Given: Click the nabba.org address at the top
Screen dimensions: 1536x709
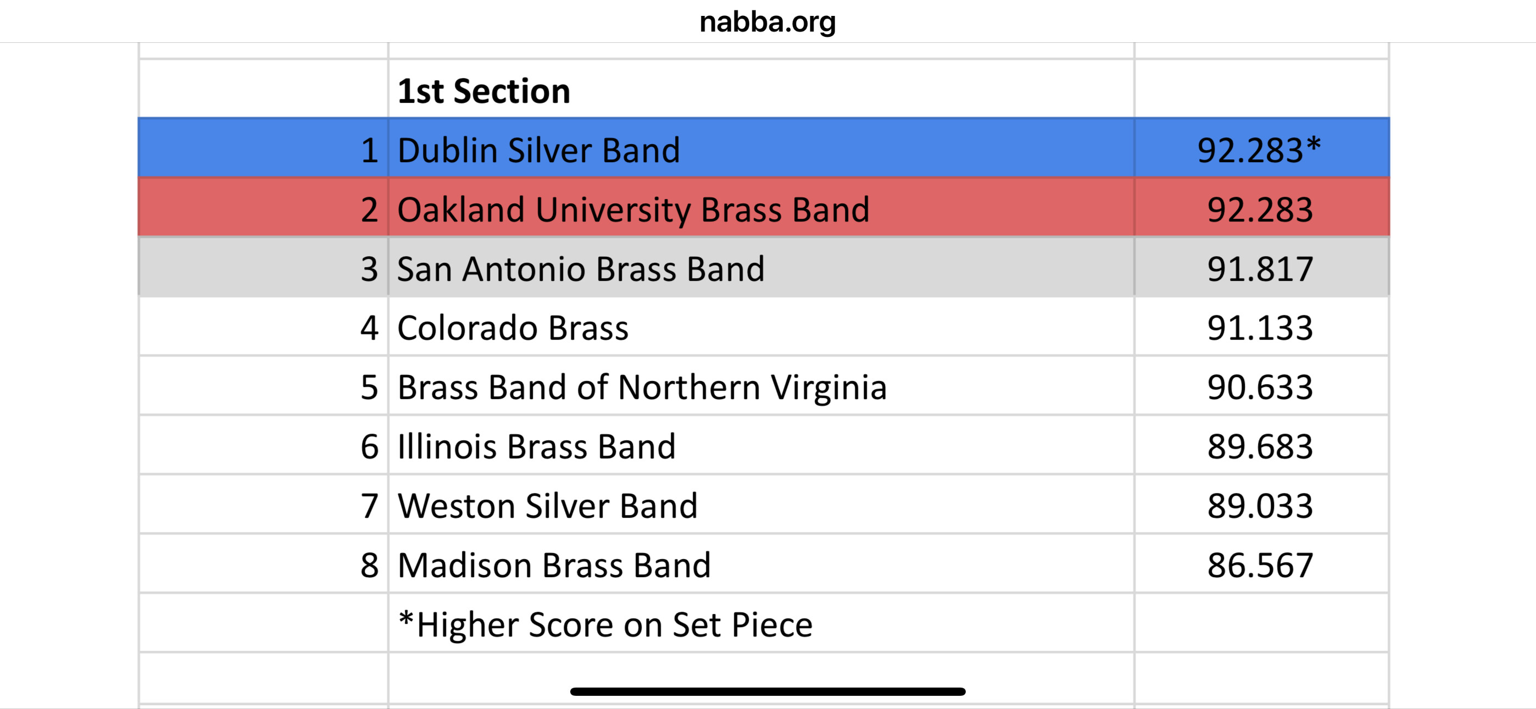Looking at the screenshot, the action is coord(767,23).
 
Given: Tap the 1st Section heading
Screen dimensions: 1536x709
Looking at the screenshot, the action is coord(483,91).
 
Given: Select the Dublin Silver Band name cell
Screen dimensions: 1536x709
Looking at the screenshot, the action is coord(538,150).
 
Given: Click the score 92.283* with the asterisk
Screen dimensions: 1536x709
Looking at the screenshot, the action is coord(1259,150).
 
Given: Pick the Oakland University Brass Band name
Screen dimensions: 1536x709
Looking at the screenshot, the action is coord(633,210).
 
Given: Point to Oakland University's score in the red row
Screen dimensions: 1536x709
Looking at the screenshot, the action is coord(1260,209).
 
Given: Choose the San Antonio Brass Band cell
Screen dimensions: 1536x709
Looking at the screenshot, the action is coord(581,269).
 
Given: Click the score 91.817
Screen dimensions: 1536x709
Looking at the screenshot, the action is coord(1260,269).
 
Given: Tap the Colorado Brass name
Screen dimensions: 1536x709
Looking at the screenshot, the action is coord(513,328).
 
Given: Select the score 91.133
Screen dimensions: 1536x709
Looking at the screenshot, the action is coord(1260,328).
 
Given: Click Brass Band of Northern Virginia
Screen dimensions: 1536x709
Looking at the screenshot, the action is coord(642,388).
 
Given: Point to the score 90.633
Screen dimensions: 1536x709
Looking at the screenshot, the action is coord(1260,387).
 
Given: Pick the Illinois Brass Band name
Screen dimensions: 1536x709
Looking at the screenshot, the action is coord(537,446).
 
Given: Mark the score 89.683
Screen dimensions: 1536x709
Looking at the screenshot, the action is coord(1260,446).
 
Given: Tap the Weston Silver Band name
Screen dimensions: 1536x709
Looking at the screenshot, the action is coord(547,506).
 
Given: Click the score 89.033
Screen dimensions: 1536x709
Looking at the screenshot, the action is coord(1260,506).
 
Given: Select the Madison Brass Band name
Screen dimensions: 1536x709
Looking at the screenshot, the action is coord(554,564).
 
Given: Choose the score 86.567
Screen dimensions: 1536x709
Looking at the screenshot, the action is coord(1260,564).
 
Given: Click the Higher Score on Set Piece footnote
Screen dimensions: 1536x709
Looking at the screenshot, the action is coord(605,624).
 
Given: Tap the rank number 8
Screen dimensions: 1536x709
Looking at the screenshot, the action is coord(370,564).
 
